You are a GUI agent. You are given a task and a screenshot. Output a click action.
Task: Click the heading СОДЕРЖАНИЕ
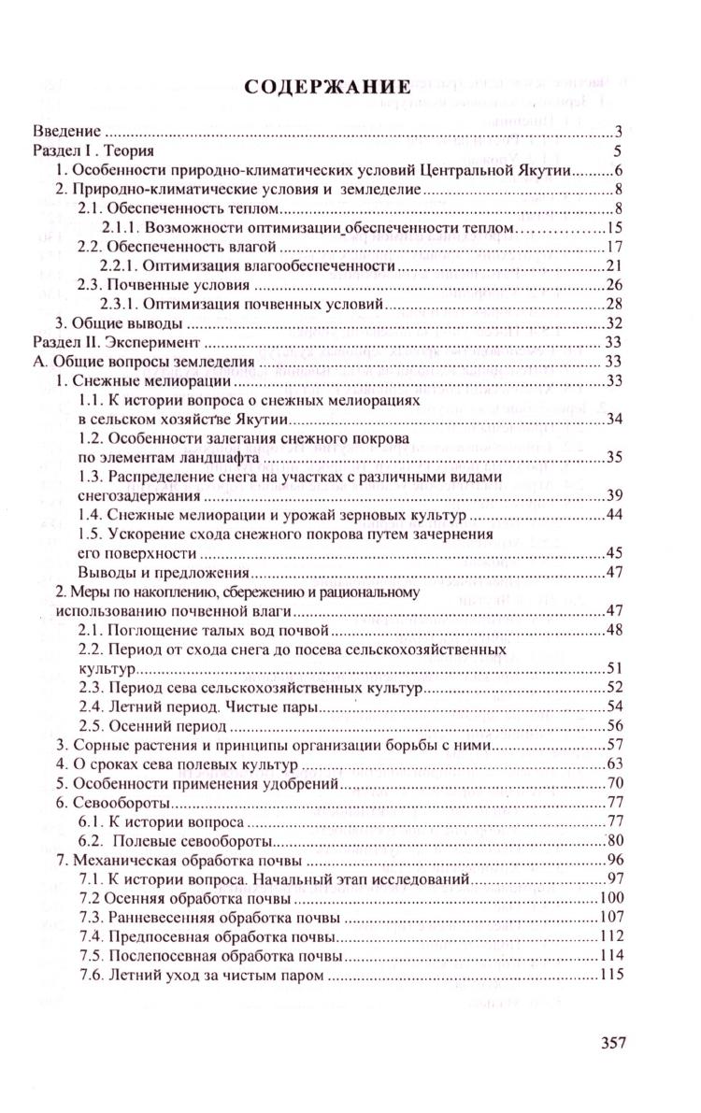coord(327,88)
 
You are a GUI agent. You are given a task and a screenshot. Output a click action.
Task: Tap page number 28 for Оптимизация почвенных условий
coord(614,305)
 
